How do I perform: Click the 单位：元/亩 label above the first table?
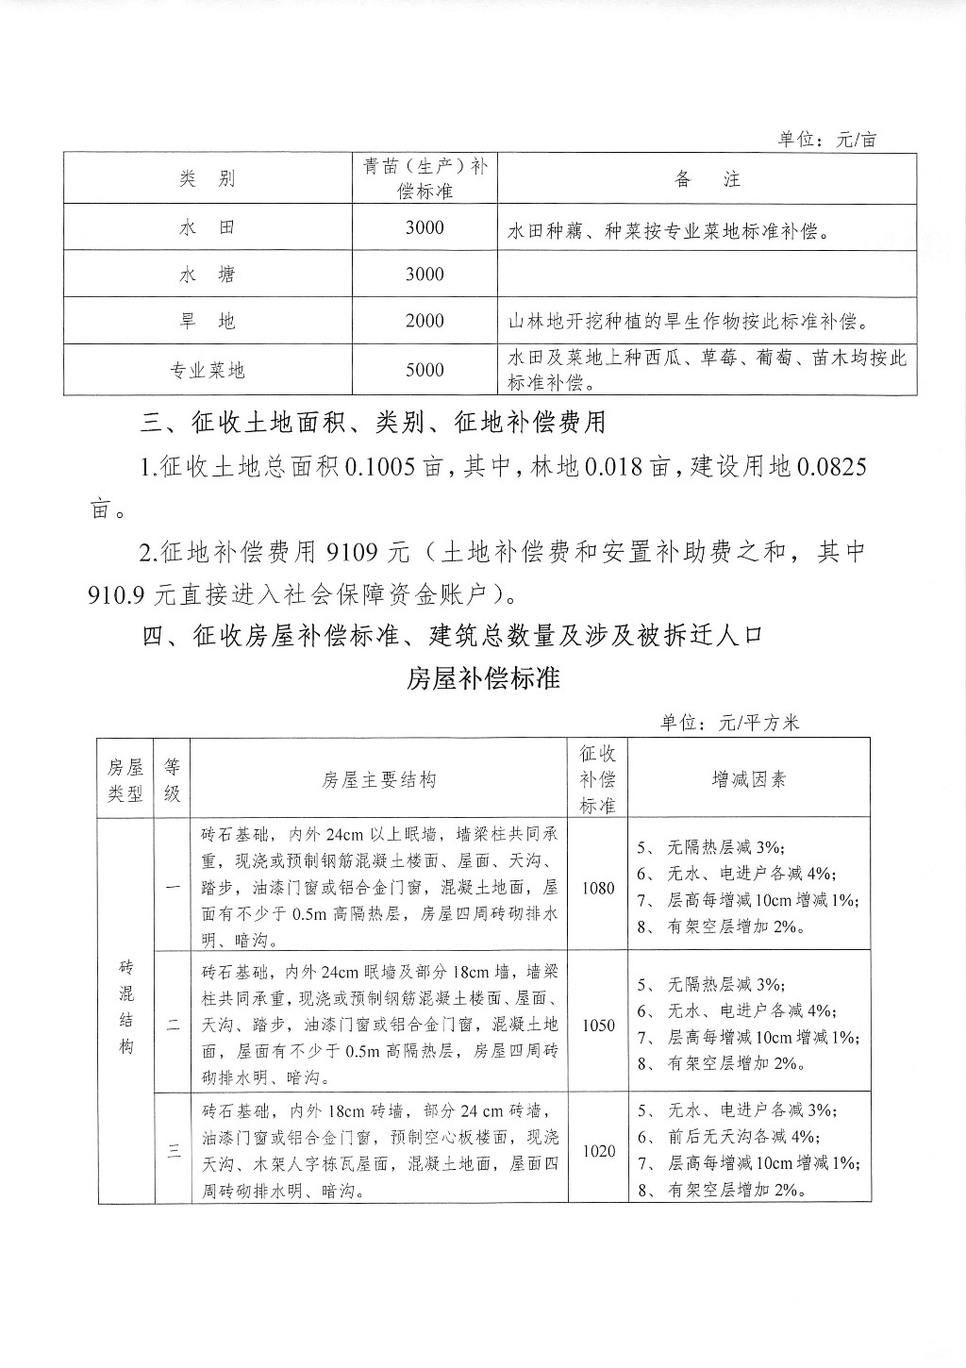tap(826, 140)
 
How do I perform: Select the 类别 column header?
tap(207, 179)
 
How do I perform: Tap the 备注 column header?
tap(708, 179)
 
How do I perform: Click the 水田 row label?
tap(207, 228)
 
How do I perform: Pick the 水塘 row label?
tap(207, 275)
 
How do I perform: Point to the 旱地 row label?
tap(207, 322)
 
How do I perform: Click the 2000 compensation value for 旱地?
tap(425, 322)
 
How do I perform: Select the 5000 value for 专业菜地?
tap(425, 370)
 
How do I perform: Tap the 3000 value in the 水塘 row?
tap(425, 275)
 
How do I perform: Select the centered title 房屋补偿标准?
tap(483, 678)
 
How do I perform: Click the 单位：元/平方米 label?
tap(730, 723)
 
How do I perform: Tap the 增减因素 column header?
tap(749, 779)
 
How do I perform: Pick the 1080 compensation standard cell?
tap(598, 888)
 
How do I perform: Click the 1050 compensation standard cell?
tap(598, 1026)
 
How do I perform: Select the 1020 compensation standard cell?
tap(598, 1151)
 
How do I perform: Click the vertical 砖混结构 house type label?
tap(126, 1008)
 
